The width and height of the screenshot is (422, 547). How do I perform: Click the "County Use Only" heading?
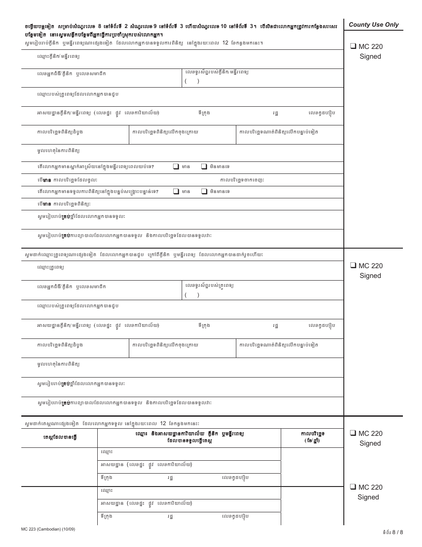coord(374,25)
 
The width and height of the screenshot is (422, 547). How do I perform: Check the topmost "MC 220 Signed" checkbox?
coord(352,46)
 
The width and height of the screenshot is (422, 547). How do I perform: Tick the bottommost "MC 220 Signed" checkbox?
coord(352,487)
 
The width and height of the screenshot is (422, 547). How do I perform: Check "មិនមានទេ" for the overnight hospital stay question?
coord(204,167)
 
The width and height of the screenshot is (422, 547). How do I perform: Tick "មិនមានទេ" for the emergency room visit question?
coord(204,191)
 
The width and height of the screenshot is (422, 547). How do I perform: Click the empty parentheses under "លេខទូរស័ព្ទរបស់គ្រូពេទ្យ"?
coord(192,295)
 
